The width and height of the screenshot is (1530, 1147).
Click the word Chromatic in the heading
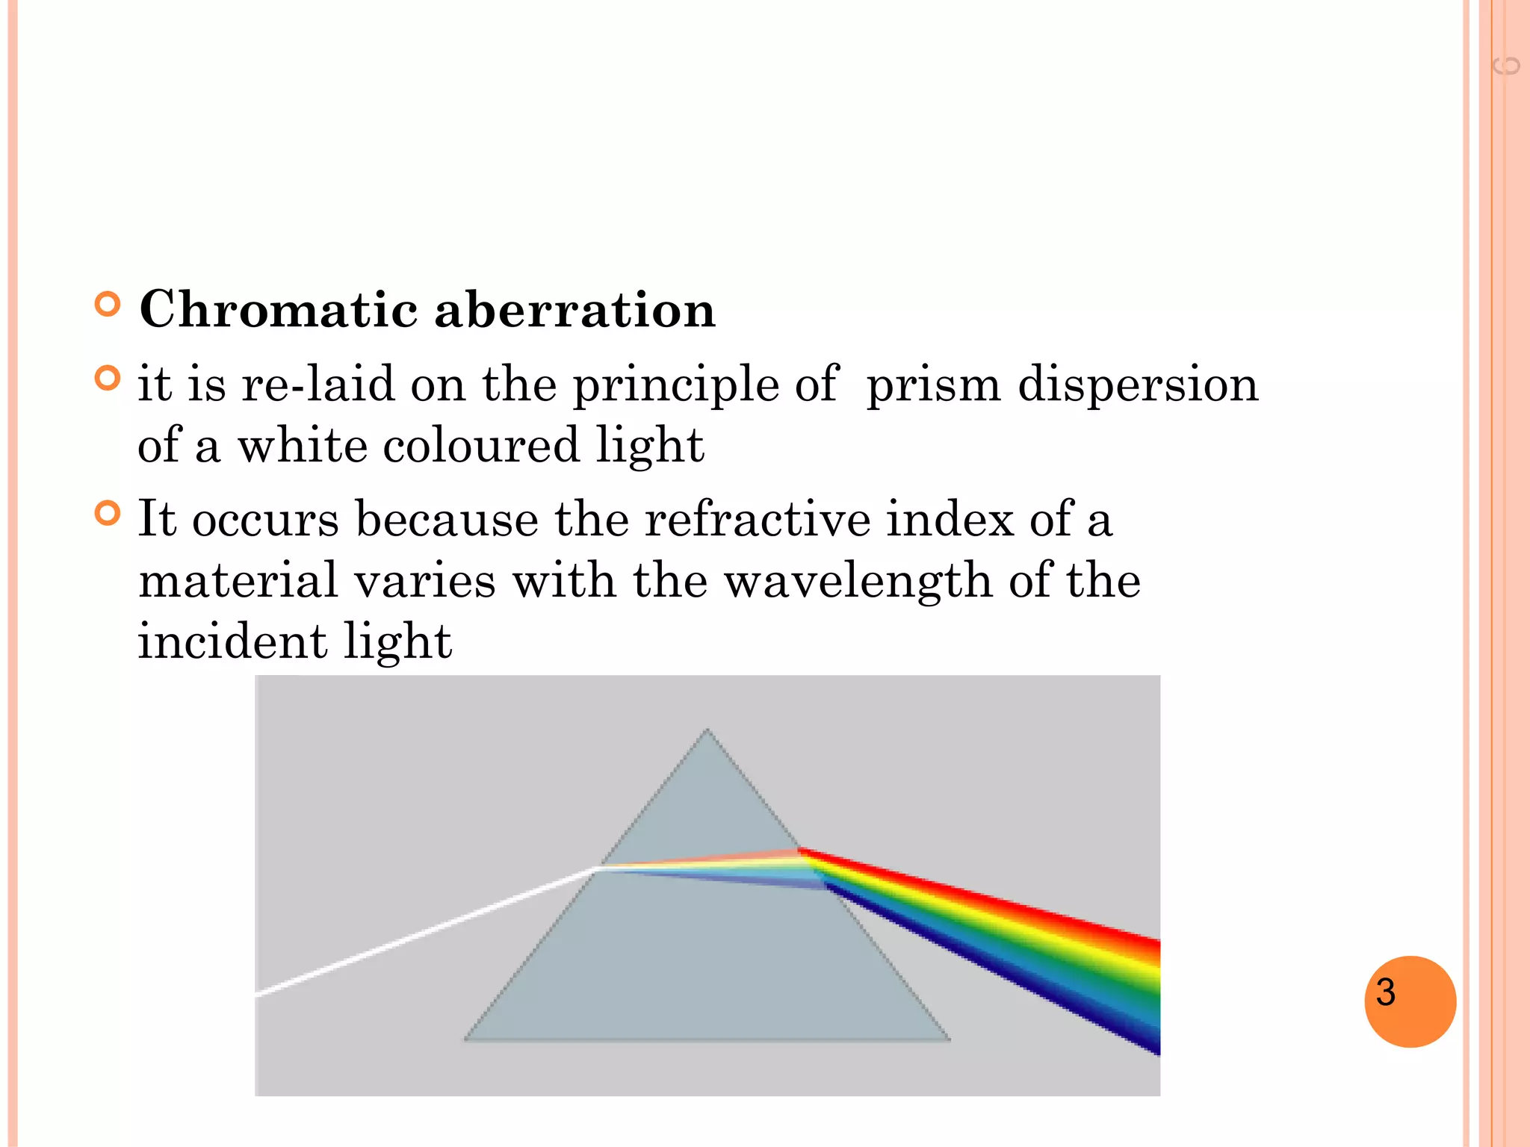click(278, 309)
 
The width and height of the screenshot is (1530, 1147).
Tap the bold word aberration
click(574, 309)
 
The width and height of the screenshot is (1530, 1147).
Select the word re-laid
click(318, 385)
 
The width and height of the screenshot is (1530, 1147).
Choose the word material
click(238, 581)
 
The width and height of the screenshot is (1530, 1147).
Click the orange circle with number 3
click(1409, 1001)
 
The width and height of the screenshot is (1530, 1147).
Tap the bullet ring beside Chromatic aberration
click(108, 305)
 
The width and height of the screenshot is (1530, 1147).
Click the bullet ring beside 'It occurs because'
click(108, 514)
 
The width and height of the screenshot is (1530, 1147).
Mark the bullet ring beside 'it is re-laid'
click(108, 379)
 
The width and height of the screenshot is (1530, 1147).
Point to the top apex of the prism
click(707, 732)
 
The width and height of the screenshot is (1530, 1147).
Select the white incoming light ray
click(426, 930)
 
